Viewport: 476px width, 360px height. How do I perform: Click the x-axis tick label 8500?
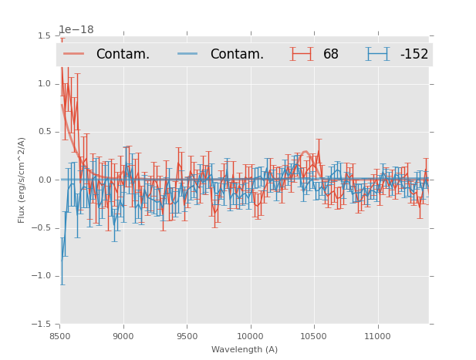(60, 335)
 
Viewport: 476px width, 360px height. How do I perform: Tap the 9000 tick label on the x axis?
(123, 335)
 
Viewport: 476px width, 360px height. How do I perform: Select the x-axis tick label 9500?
(187, 335)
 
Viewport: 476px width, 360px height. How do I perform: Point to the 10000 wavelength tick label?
(250, 335)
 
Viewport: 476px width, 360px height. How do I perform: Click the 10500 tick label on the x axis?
(313, 335)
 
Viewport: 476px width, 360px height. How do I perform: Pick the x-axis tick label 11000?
(377, 335)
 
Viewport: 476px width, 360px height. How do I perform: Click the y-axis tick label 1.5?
(45, 36)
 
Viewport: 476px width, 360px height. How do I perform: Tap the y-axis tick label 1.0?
(45, 84)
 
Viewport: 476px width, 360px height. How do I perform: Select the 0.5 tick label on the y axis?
(45, 132)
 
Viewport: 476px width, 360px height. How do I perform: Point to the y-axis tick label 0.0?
(45, 180)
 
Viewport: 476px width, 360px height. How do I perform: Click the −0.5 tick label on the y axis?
(42, 228)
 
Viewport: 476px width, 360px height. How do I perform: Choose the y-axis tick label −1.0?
(42, 276)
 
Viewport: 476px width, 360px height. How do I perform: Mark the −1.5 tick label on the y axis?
(42, 325)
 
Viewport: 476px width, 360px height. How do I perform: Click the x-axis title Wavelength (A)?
(245, 349)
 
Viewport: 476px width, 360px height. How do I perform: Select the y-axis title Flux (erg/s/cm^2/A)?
(22, 180)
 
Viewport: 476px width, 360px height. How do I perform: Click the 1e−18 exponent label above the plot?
(76, 30)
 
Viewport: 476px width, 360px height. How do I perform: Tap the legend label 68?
(331, 55)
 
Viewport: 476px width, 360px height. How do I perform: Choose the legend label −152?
(414, 55)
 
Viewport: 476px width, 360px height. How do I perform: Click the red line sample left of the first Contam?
(75, 54)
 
